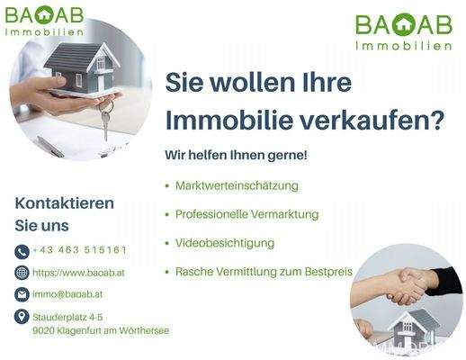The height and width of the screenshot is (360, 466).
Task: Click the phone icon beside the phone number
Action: pyautogui.click(x=22, y=251)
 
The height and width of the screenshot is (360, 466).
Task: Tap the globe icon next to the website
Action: pyautogui.click(x=22, y=273)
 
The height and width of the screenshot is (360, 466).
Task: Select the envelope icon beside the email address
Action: pyautogui.click(x=22, y=294)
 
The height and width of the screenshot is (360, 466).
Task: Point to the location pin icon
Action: pyautogui.click(x=22, y=317)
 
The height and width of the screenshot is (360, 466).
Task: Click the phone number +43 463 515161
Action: pyautogui.click(x=79, y=250)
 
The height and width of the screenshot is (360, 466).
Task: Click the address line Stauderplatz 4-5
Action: pyautogui.click(x=67, y=317)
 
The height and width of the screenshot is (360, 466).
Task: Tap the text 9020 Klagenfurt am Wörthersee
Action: pyautogui.click(x=100, y=330)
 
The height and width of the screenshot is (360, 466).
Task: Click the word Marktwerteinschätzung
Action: pyautogui.click(x=237, y=185)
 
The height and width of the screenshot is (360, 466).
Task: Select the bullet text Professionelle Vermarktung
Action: pyautogui.click(x=247, y=214)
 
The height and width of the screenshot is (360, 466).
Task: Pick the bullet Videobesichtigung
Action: pyautogui.click(x=225, y=243)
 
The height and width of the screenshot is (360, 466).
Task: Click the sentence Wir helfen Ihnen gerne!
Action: pyautogui.click(x=236, y=155)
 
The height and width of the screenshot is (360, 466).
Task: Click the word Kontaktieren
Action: pyautogui.click(x=65, y=202)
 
